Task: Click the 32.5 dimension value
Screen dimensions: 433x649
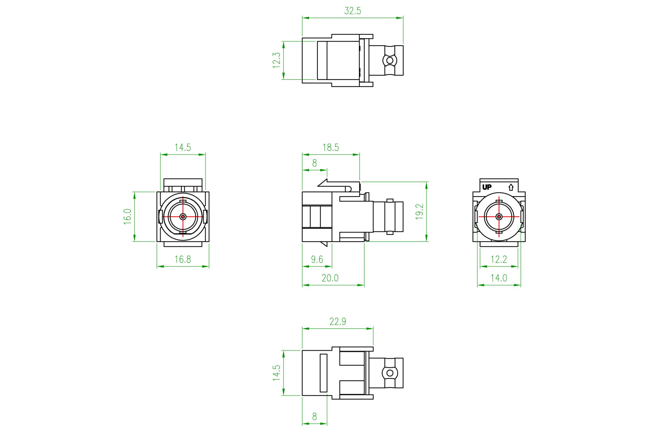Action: (x=353, y=11)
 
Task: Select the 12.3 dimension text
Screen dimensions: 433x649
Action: (x=277, y=61)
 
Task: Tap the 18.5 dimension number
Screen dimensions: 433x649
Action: (x=330, y=148)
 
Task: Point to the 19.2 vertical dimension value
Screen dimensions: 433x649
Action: (x=420, y=212)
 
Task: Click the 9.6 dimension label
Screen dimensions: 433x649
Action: (x=317, y=260)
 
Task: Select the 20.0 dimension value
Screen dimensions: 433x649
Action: (x=330, y=278)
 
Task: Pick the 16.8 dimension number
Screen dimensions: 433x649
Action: (x=183, y=260)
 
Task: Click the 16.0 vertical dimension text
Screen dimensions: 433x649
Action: (x=128, y=216)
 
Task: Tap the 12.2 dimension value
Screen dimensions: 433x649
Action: (x=499, y=260)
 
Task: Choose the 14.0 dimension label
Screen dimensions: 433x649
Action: (x=499, y=278)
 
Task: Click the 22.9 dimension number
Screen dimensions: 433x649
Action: (x=337, y=322)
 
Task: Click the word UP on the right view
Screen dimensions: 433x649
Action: (x=487, y=187)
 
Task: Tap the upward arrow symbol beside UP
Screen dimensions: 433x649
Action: (x=511, y=187)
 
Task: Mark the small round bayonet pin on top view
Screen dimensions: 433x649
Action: (x=389, y=61)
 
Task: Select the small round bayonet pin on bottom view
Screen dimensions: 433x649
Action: (x=389, y=373)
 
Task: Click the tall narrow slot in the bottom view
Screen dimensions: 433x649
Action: (x=323, y=373)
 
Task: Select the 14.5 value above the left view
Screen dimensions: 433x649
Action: (x=183, y=148)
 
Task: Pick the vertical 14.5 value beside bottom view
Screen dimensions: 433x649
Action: (x=277, y=373)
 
